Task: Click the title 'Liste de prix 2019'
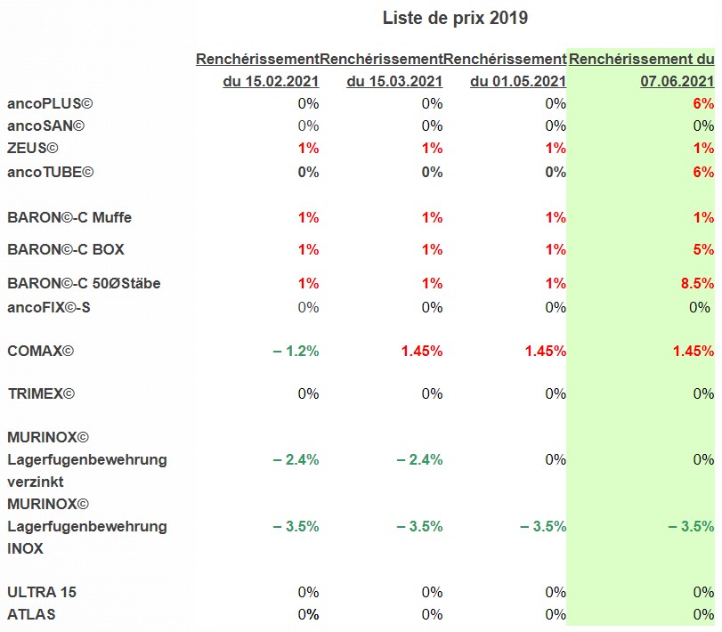(455, 18)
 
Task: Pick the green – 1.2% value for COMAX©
(296, 351)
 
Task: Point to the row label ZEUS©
(33, 148)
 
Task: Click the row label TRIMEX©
(40, 393)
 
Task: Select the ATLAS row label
(30, 613)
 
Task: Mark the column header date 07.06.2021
(677, 82)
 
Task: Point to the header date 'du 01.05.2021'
(518, 82)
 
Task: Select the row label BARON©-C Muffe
(69, 216)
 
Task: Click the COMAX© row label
(40, 351)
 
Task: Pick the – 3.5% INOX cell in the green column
(692, 526)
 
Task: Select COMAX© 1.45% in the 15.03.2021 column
(421, 351)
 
